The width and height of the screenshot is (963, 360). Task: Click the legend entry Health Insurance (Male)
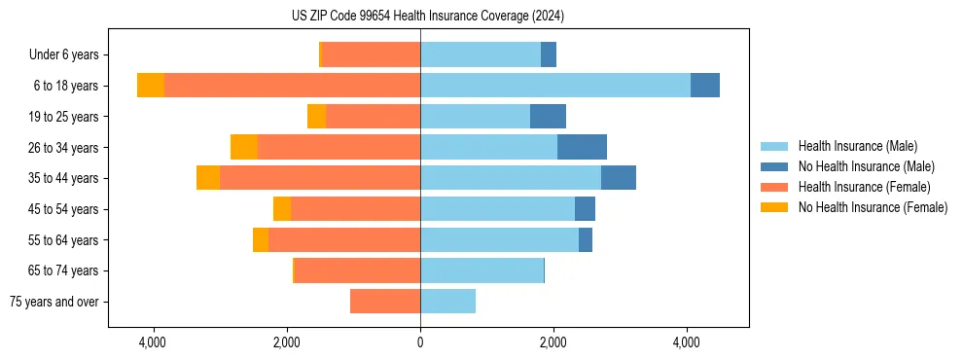857,146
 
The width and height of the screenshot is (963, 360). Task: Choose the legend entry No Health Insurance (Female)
873,207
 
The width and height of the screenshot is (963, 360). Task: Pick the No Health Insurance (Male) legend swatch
774,166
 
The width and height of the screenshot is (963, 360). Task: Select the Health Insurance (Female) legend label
864,187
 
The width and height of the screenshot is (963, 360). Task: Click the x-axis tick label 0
420,342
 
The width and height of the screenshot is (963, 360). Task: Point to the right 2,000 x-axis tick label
553,342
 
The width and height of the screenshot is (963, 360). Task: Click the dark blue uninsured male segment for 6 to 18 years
705,86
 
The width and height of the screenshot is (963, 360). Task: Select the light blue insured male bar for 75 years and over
447,302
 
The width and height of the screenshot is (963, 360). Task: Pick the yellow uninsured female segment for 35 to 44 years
208,178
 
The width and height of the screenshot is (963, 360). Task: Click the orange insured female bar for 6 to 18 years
292,86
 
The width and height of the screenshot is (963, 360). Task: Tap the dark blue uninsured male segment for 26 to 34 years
582,147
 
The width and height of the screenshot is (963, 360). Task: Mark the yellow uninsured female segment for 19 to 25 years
316,117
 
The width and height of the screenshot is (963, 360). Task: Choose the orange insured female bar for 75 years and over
385,302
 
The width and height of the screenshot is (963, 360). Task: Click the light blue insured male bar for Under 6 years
481,55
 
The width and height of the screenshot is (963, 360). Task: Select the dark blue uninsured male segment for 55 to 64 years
586,239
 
